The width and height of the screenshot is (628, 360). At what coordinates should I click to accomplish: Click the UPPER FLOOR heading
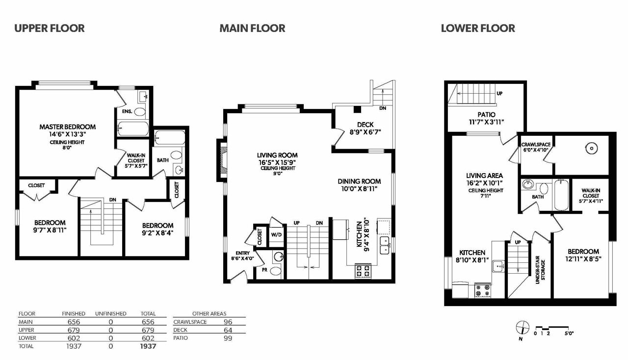[50, 28]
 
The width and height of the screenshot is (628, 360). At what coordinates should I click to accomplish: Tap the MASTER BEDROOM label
[67, 127]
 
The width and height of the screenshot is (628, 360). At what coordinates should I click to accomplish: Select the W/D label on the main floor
[276, 234]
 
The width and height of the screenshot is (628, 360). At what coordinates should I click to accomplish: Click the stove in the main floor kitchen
[364, 271]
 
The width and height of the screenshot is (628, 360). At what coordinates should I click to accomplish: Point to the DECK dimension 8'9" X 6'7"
[366, 132]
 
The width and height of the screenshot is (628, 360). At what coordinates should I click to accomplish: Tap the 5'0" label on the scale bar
[569, 334]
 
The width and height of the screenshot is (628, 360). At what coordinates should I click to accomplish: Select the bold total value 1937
[148, 346]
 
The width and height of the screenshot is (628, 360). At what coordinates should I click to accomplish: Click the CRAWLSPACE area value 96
[228, 322]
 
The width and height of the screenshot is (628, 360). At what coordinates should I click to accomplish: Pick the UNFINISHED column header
[111, 314]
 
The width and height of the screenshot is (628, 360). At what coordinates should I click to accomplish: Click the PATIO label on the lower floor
[486, 115]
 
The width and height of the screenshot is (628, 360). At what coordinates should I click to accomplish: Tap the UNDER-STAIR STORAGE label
[540, 270]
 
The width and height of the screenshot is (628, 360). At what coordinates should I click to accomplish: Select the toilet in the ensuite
[140, 112]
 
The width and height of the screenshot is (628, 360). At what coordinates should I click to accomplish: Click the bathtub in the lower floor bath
[561, 195]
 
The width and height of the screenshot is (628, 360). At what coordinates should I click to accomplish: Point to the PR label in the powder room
[264, 270]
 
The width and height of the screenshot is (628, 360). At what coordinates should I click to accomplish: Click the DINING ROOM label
[359, 181]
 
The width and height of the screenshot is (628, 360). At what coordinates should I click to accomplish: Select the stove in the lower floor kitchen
[483, 290]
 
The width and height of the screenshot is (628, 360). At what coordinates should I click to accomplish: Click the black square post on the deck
[357, 109]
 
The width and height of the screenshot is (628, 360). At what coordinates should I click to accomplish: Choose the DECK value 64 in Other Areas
[228, 330]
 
